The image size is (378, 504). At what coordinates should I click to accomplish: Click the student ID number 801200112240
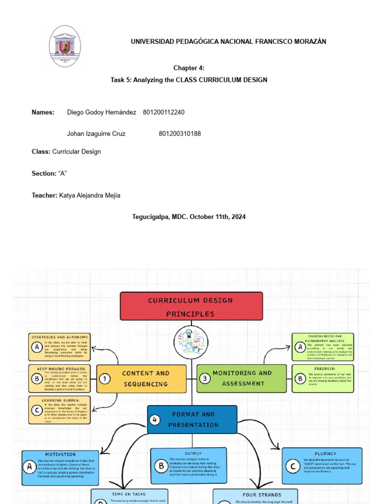click(x=163, y=112)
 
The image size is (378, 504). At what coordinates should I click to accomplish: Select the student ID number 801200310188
click(x=180, y=134)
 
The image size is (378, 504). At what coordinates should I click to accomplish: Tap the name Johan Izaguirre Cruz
click(x=96, y=134)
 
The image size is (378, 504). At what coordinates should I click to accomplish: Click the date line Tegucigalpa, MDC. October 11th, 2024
click(x=189, y=217)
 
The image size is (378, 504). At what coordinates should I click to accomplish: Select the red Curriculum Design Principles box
click(x=191, y=307)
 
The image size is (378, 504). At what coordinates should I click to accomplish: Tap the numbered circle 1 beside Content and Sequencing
click(x=105, y=378)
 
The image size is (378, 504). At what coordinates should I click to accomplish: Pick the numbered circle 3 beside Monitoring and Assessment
click(x=206, y=378)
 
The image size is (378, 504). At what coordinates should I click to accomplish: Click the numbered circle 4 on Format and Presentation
click(x=156, y=420)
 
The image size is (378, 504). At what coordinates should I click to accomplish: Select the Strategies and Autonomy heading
click(x=60, y=337)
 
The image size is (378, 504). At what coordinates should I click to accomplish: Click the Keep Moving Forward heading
click(x=62, y=368)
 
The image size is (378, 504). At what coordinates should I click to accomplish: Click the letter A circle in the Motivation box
click(x=30, y=466)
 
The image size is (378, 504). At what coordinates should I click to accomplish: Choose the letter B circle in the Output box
click(x=160, y=466)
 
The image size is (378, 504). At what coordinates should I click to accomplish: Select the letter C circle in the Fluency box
click(x=293, y=466)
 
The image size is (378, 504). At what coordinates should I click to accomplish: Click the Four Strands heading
click(x=262, y=495)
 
